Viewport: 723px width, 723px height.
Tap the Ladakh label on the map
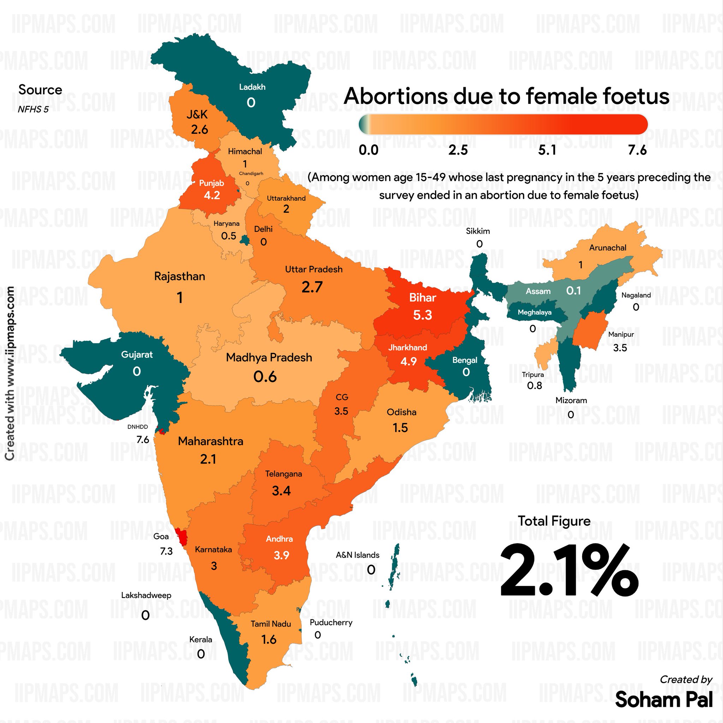pos(252,87)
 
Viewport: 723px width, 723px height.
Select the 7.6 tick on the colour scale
pos(637,150)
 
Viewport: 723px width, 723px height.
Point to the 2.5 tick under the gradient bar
pos(458,150)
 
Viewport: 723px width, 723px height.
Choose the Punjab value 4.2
pos(212,195)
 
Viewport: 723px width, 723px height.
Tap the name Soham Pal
pos(663,699)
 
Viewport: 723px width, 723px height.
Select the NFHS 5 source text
pos(33,109)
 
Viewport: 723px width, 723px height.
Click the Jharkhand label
pos(407,347)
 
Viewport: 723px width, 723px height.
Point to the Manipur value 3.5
pos(620,348)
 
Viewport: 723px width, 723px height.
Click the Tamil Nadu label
pos(270,624)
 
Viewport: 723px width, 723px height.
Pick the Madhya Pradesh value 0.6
pos(265,376)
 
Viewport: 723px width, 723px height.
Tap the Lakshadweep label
pos(146,595)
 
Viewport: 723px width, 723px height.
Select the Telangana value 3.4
pos(281,491)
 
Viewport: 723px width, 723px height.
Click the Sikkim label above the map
pos(478,231)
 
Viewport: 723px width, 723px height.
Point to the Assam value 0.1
pos(573,291)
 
